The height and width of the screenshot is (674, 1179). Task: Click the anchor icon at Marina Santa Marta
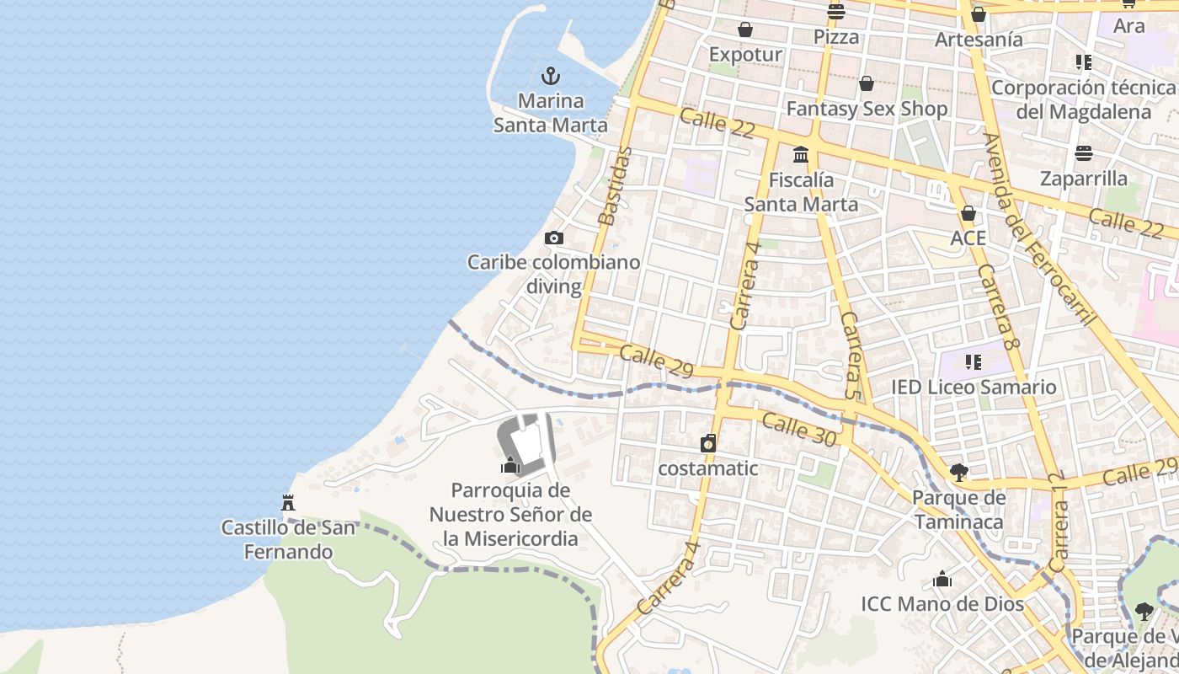[x=551, y=77]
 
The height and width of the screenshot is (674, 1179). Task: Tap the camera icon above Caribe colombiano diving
[x=553, y=238]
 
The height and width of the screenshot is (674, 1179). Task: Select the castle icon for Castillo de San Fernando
[x=288, y=503]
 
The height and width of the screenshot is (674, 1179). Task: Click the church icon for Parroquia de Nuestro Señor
[x=510, y=465]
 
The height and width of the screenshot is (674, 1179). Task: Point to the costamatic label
[x=708, y=468]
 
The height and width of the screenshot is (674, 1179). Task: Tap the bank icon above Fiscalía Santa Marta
[x=801, y=155]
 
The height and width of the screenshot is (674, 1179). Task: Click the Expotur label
[x=745, y=55]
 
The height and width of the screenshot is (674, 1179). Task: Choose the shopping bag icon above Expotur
[x=745, y=30]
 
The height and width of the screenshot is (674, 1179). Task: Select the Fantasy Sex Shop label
[x=867, y=109]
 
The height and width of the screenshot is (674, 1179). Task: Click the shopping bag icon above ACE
[x=968, y=213]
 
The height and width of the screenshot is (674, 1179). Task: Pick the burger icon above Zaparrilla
[x=1083, y=153]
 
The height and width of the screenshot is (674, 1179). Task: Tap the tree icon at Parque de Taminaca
[x=958, y=472]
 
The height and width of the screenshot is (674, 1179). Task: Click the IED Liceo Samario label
[x=974, y=388]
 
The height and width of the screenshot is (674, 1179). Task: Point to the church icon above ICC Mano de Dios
[x=942, y=580]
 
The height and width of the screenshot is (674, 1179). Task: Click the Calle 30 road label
[x=798, y=430]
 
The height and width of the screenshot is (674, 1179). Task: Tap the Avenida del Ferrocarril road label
[x=1040, y=227]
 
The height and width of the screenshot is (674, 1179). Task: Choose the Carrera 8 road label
[x=999, y=308]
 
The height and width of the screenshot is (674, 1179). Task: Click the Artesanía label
[x=979, y=39]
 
